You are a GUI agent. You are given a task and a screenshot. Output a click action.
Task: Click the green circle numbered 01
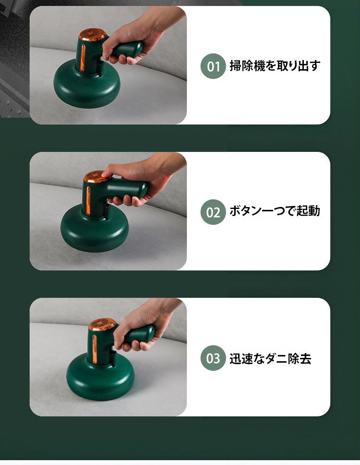click(x=213, y=66)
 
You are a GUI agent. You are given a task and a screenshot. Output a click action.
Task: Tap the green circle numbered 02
click(x=213, y=212)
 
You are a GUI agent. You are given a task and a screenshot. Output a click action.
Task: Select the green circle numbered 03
click(x=213, y=358)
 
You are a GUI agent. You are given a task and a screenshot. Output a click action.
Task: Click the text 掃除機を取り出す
click(x=275, y=65)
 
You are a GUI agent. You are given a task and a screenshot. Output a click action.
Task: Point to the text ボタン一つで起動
click(x=275, y=211)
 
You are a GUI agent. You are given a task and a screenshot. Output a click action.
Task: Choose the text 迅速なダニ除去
click(x=270, y=358)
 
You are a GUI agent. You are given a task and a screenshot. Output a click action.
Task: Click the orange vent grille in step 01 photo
click(x=92, y=35)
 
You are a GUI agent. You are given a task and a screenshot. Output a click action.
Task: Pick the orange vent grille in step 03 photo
click(x=102, y=324)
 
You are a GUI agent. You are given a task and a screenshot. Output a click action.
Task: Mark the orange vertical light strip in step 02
click(x=88, y=200)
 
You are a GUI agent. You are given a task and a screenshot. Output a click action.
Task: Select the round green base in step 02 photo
click(x=95, y=228)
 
